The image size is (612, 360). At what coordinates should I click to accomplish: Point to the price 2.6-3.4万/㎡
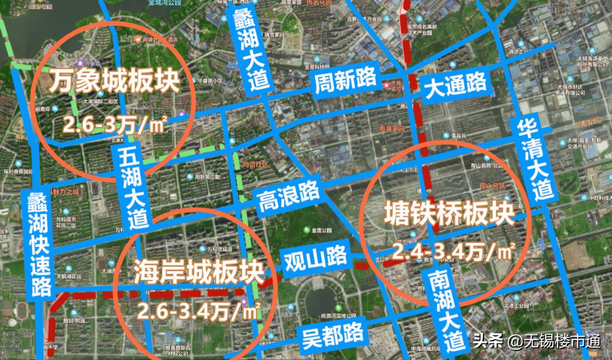pos(199,311)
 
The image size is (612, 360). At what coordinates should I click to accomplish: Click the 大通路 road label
pos(456,85)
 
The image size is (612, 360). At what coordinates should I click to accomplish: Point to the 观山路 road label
pos(315,258)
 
